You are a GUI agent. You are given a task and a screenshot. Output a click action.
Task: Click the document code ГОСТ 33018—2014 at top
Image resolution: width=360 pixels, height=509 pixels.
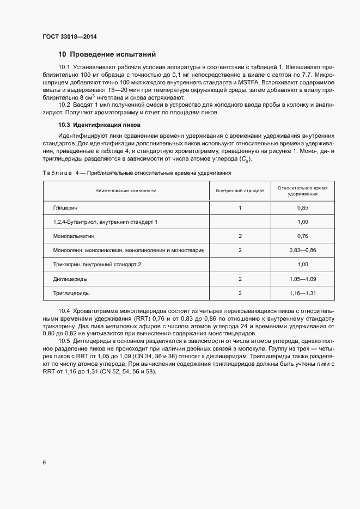(x=70, y=36)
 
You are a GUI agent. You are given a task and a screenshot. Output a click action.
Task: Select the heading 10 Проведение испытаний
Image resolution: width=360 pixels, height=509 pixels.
(x=107, y=54)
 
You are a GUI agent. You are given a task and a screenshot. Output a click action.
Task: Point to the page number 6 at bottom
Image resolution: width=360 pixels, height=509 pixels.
(x=44, y=463)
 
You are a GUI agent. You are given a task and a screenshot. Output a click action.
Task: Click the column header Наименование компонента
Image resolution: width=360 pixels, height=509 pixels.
(x=126, y=191)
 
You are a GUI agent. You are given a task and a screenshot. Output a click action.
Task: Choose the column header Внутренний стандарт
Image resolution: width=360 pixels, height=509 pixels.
(x=240, y=191)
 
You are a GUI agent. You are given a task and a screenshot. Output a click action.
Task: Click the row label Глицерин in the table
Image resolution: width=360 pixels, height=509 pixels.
(x=65, y=208)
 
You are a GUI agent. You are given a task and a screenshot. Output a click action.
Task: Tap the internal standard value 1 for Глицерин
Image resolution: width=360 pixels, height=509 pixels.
(x=240, y=208)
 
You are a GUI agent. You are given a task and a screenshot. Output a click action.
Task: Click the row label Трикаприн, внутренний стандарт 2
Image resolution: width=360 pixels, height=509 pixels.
(x=97, y=265)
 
